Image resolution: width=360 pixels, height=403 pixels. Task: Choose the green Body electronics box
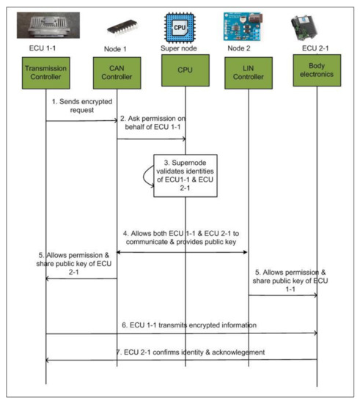pyautogui.click(x=317, y=75)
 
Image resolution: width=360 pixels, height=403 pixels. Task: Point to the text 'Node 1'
pyautogui.click(x=117, y=53)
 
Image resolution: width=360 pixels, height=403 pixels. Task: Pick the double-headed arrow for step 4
pyautogui.click(x=183, y=252)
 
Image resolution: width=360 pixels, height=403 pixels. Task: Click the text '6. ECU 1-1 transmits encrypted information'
pyautogui.click(x=183, y=325)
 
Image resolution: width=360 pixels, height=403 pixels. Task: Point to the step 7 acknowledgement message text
pyautogui.click(x=183, y=352)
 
